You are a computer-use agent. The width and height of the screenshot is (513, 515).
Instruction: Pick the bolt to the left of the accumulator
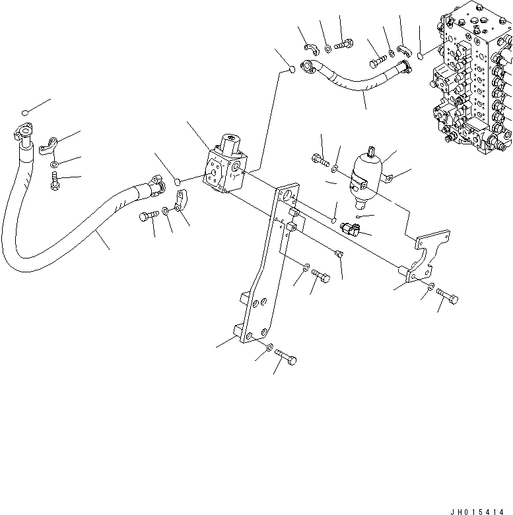point(318,160)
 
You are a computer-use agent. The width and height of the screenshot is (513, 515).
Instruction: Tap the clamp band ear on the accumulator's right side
point(389,177)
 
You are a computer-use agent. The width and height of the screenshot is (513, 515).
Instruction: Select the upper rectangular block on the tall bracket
point(294,213)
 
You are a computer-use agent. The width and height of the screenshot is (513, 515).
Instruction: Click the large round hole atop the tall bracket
point(287,195)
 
